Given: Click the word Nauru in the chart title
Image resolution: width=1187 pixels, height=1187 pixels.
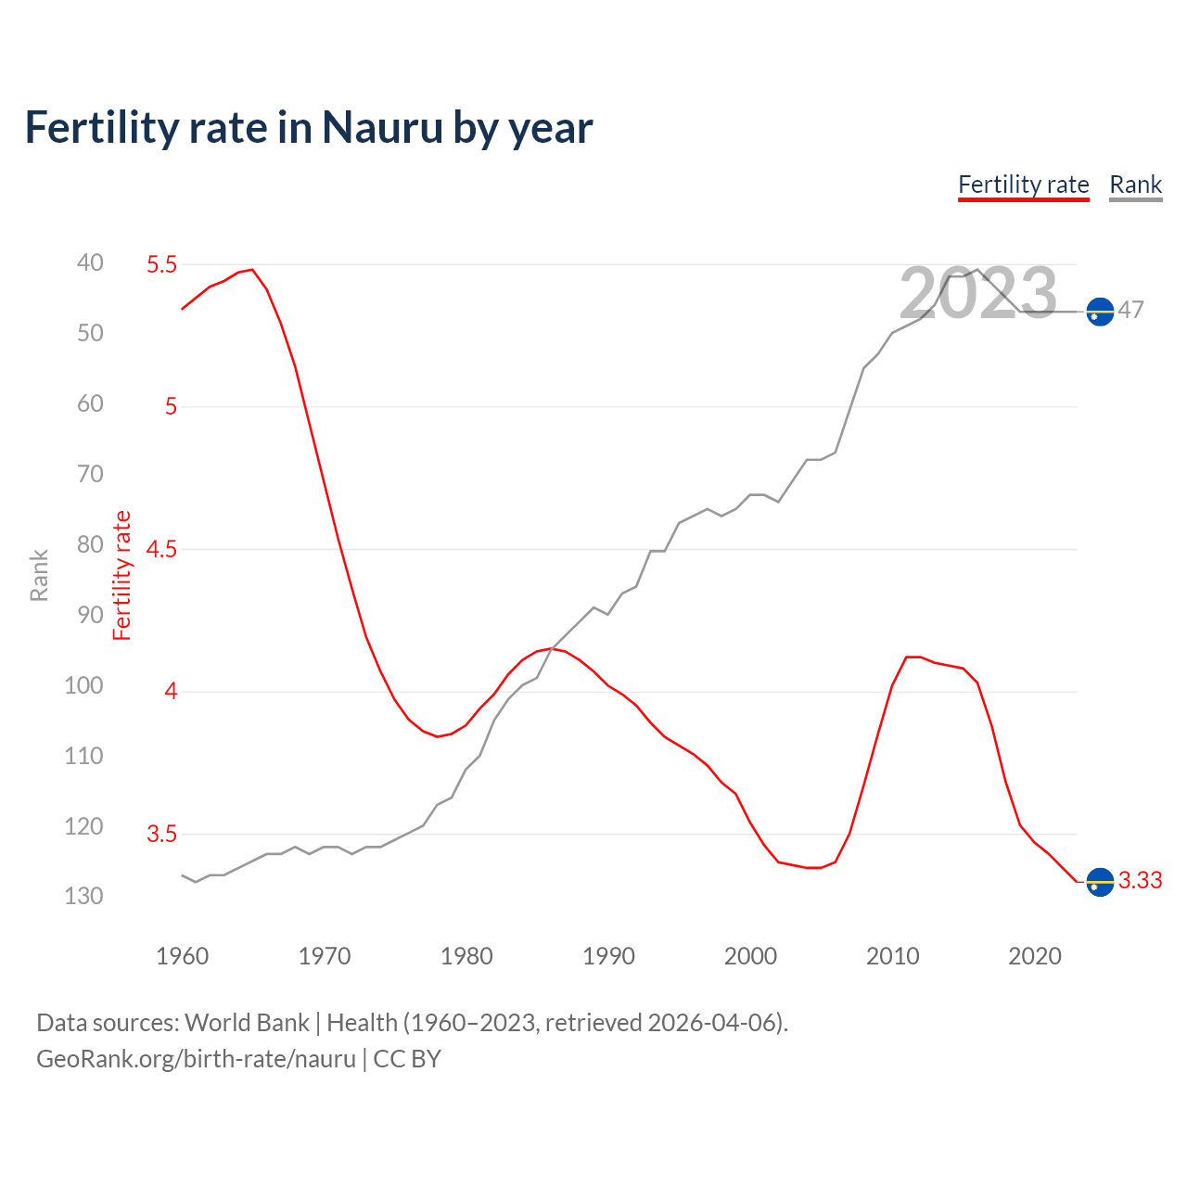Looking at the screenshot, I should coord(382,128).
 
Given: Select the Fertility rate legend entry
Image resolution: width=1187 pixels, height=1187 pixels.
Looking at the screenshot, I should coord(1023,185).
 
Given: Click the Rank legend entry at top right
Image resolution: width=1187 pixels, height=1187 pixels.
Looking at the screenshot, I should coord(1135,185).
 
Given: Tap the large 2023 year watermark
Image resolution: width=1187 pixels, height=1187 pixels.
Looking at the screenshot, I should coord(977,294).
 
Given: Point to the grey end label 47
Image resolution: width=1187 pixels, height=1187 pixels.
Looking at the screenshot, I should coord(1130,310).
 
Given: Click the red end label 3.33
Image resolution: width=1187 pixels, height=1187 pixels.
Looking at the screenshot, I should coord(1140,880).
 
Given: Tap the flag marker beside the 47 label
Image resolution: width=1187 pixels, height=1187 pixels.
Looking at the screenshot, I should coord(1100,312).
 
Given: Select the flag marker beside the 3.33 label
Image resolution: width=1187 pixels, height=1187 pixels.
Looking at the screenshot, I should coord(1100,882).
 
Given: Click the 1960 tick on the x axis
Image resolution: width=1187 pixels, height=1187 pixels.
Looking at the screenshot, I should coord(182,956).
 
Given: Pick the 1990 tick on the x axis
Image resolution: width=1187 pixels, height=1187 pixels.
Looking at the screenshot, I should coord(608,956).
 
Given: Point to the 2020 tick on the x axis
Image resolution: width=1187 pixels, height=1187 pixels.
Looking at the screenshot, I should coord(1034,956).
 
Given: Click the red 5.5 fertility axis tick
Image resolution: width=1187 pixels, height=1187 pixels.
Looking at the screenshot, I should coord(161,264).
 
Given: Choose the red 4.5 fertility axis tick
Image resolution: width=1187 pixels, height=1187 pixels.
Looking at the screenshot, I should coord(161,549).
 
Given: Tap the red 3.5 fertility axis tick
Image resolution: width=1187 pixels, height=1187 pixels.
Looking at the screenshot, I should coord(161,834).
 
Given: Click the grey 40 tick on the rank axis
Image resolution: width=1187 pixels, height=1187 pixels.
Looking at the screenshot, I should coord(90,262).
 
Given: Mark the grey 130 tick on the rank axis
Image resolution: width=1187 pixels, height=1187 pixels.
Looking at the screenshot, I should coord(83,896).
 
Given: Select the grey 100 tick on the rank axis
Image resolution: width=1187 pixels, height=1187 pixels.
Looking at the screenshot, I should coord(83,685).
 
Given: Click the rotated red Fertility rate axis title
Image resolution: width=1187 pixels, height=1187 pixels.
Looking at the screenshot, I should coord(121,575).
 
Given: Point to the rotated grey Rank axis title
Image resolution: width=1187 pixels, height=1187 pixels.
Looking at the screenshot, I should coord(39,575).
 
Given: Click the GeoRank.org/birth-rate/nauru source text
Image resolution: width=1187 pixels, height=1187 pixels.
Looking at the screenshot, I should coord(196,1059).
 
